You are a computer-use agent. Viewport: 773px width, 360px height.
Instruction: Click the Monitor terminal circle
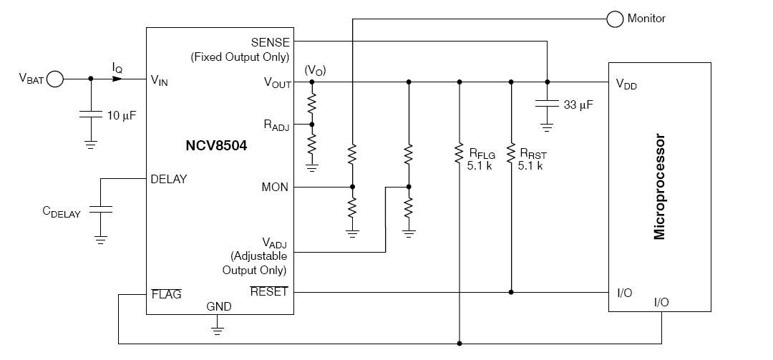(615, 19)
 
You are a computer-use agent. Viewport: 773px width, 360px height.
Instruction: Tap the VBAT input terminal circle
(54, 79)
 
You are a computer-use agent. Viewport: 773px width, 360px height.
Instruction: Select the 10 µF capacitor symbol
(91, 115)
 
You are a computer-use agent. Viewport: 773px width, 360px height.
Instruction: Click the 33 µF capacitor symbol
(547, 104)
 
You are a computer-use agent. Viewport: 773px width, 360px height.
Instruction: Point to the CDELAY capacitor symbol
(101, 209)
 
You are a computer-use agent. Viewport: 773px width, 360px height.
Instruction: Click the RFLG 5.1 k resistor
(459, 153)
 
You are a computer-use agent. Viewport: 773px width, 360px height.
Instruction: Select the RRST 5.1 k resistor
(511, 153)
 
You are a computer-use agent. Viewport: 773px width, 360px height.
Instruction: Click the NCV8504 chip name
(216, 145)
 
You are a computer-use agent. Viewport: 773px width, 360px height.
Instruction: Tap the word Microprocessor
(659, 187)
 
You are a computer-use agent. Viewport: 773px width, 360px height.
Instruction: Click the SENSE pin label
(270, 42)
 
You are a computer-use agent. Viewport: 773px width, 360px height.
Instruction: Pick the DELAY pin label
(169, 179)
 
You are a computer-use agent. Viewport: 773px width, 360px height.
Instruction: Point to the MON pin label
(275, 188)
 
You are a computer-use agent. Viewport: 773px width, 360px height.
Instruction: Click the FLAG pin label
(166, 294)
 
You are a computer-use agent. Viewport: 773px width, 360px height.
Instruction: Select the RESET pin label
(268, 291)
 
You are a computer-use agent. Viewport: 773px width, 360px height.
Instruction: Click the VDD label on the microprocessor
(626, 84)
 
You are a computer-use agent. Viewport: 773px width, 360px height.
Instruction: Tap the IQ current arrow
(117, 79)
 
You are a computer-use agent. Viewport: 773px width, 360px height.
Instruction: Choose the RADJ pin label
(276, 125)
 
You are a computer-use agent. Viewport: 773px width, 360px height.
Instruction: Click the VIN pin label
(159, 80)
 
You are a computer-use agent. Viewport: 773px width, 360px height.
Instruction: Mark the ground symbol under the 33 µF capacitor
(547, 127)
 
